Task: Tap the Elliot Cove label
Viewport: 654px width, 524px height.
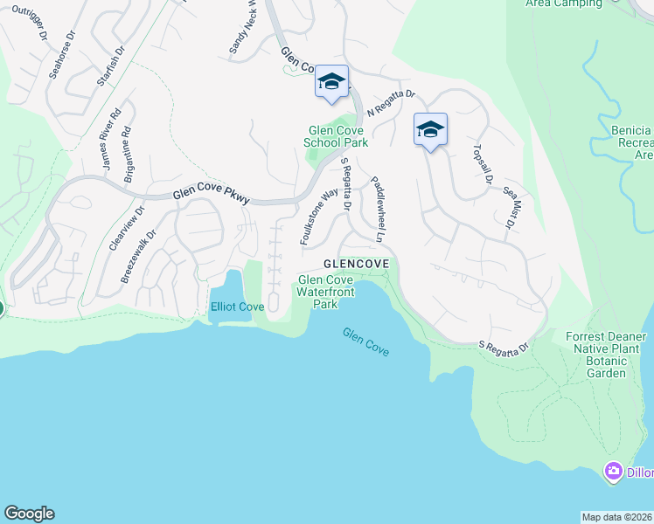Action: [x=237, y=307]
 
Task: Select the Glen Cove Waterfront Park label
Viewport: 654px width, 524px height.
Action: [x=325, y=292]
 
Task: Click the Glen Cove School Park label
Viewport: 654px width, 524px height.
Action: [x=336, y=136]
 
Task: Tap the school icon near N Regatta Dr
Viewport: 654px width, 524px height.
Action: [x=331, y=82]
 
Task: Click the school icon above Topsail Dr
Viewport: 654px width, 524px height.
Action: [x=429, y=130]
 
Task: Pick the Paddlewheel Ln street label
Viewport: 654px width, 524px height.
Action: [x=378, y=210]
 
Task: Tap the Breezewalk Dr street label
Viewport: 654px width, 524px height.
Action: [x=138, y=256]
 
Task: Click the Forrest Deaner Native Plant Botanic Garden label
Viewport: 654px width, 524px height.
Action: [x=606, y=355]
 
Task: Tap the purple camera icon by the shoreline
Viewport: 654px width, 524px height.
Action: [x=613, y=472]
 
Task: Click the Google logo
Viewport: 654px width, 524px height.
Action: [x=29, y=514]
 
